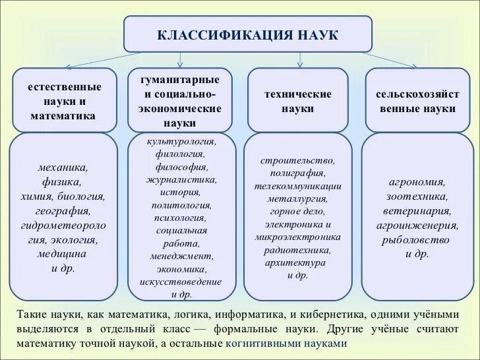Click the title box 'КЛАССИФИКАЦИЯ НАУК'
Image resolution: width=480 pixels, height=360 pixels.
[247, 34]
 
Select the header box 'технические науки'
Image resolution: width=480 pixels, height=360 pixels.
[297, 101]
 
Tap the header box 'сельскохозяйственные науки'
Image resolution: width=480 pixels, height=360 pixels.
[417, 101]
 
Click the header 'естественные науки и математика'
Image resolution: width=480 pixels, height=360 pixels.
[64, 101]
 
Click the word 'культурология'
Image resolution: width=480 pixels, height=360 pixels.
[181, 141]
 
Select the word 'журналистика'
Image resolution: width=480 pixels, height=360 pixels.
[181, 179]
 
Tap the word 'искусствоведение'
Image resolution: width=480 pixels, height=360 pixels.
[181, 282]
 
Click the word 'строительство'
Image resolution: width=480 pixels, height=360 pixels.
[297, 160]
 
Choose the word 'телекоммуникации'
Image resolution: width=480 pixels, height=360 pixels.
[297, 186]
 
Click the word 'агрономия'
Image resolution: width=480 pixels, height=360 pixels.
[417, 182]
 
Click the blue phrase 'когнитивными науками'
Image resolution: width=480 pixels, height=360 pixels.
[285, 344]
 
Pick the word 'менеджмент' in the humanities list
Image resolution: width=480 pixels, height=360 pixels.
[181, 256]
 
